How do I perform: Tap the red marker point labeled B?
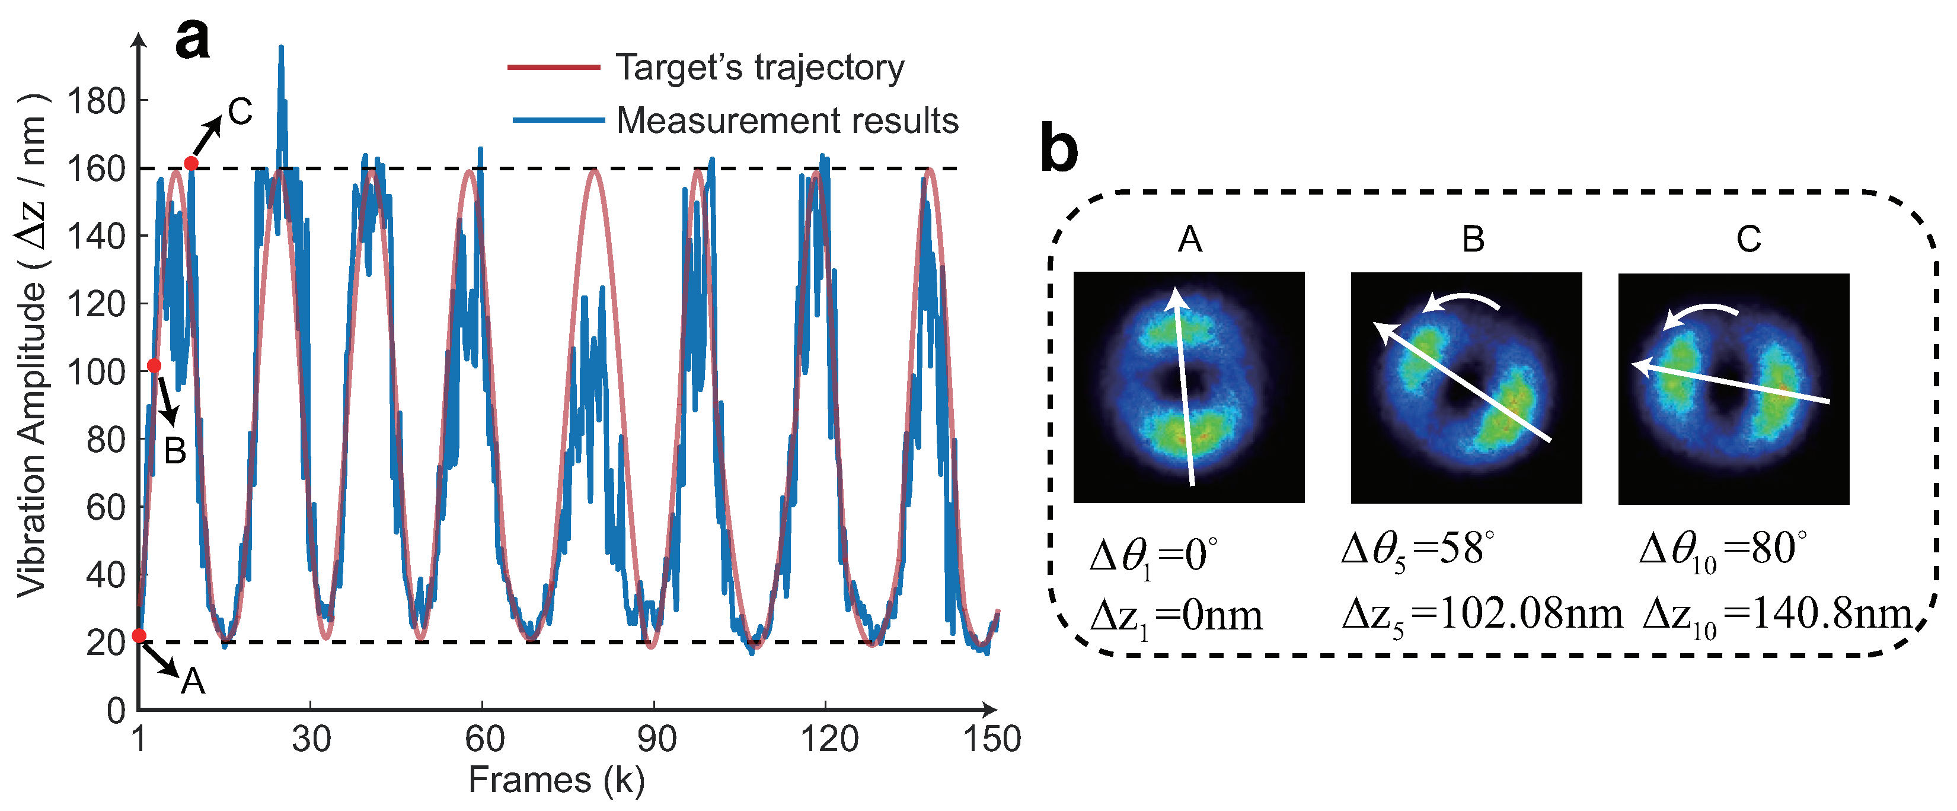tap(154, 365)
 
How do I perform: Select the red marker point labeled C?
tap(191, 163)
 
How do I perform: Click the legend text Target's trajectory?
tap(759, 68)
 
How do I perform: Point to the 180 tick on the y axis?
tap(95, 101)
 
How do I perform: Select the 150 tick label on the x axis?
tap(992, 739)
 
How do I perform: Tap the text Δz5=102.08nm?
tap(1482, 614)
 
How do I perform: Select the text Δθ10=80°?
tap(1722, 549)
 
